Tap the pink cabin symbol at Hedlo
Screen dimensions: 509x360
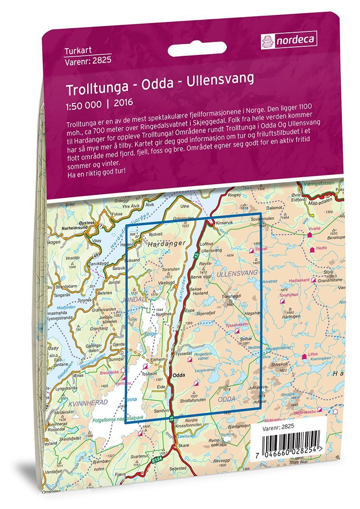[311, 248]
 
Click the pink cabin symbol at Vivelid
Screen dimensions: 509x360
[310, 234]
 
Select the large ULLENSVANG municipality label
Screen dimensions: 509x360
[236, 273]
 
